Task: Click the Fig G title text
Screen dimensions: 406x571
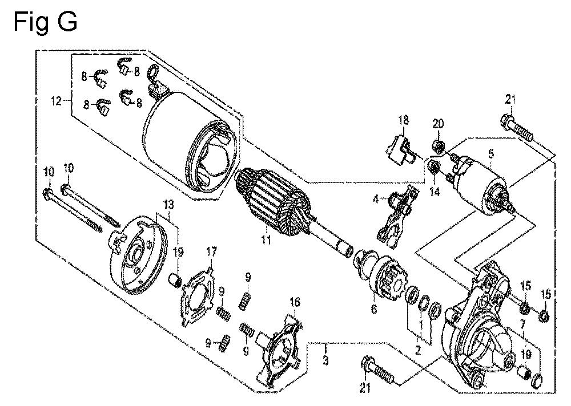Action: [x=44, y=22]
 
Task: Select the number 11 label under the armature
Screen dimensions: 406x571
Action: [x=265, y=241]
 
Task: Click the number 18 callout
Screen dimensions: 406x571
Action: [x=404, y=120]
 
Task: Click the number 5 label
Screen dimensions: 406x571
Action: [x=490, y=153]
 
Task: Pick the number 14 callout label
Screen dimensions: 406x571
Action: [x=435, y=192]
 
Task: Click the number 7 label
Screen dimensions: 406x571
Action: [x=521, y=324]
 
